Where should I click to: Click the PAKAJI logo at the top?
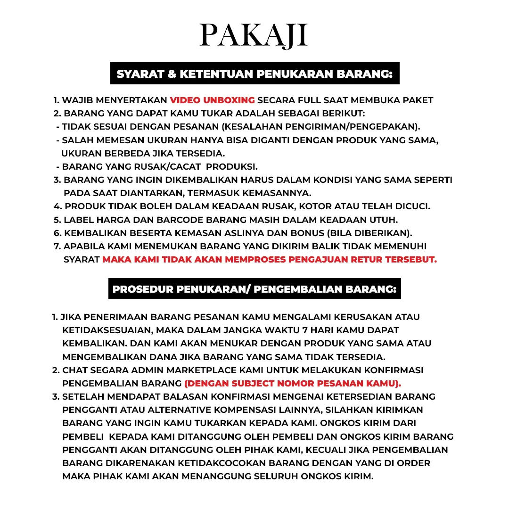point(254,35)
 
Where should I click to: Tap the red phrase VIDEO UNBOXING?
point(212,100)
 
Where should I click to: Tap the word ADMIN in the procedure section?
point(140,370)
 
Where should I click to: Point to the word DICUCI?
point(412,206)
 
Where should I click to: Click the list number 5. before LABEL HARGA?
point(57,220)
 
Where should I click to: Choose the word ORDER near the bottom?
point(413,463)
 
